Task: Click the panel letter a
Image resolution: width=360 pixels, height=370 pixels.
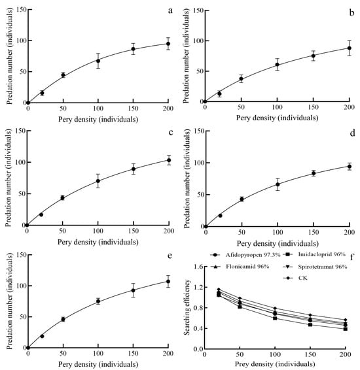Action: [170, 10]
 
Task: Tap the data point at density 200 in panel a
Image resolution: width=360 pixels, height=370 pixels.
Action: [168, 44]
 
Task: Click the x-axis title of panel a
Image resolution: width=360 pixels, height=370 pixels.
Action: [98, 118]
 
